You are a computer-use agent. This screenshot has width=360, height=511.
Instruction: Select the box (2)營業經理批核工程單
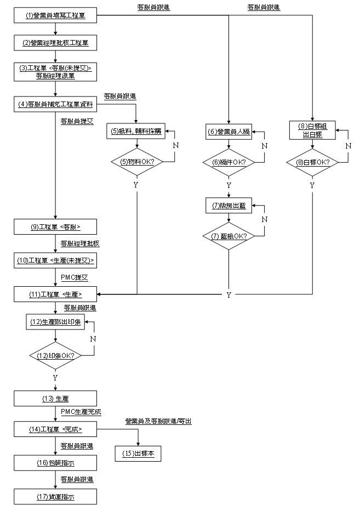tap(56, 42)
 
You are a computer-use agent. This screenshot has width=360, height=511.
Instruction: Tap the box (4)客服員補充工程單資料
tap(56, 104)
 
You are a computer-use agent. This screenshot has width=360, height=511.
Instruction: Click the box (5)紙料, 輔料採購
tap(136, 132)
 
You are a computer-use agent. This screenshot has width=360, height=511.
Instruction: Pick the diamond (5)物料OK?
tap(136, 162)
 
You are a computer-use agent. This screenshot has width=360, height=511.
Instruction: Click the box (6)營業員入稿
tap(229, 132)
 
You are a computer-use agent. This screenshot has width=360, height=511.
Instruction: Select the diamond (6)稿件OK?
tap(229, 162)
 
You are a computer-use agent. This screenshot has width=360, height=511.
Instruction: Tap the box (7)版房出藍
tap(229, 206)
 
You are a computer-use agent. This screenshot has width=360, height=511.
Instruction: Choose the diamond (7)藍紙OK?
tap(229, 236)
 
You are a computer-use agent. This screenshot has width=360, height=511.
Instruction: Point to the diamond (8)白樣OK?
tap(312, 162)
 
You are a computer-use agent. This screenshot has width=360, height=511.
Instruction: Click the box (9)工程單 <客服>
tap(56, 226)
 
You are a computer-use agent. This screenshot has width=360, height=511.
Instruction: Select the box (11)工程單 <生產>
tap(56, 294)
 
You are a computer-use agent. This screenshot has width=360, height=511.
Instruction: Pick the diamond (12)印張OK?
tap(56, 355)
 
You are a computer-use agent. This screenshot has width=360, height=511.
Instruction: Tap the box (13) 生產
tap(56, 398)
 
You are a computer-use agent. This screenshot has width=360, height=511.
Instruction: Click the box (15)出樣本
tap(138, 453)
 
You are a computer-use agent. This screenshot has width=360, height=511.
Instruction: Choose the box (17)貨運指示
tap(56, 497)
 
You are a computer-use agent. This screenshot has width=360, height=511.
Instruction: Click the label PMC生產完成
tap(81, 412)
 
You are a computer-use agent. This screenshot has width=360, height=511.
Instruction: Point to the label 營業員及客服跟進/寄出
tap(158, 422)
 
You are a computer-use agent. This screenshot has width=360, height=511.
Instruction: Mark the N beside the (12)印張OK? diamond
tap(93, 338)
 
